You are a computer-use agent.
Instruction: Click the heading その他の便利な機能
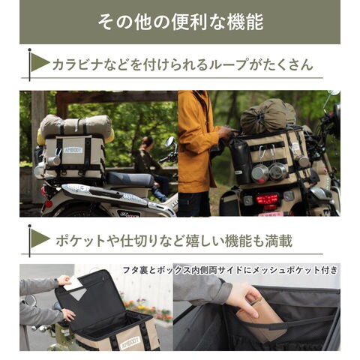181,22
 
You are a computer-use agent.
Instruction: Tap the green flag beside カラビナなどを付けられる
40,62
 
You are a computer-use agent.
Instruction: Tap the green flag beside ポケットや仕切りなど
40,238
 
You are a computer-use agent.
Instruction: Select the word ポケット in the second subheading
80,241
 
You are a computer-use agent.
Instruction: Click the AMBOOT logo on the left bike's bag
73,150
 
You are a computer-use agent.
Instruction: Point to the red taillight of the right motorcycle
267,199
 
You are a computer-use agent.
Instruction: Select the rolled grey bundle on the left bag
76,127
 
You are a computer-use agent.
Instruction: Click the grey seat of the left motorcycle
130,179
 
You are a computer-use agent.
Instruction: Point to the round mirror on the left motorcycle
170,142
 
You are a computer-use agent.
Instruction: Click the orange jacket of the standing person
197,141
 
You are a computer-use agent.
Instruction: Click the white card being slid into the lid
72,284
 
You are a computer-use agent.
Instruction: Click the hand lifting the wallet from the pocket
244,300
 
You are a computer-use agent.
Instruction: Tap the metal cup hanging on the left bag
54,160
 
